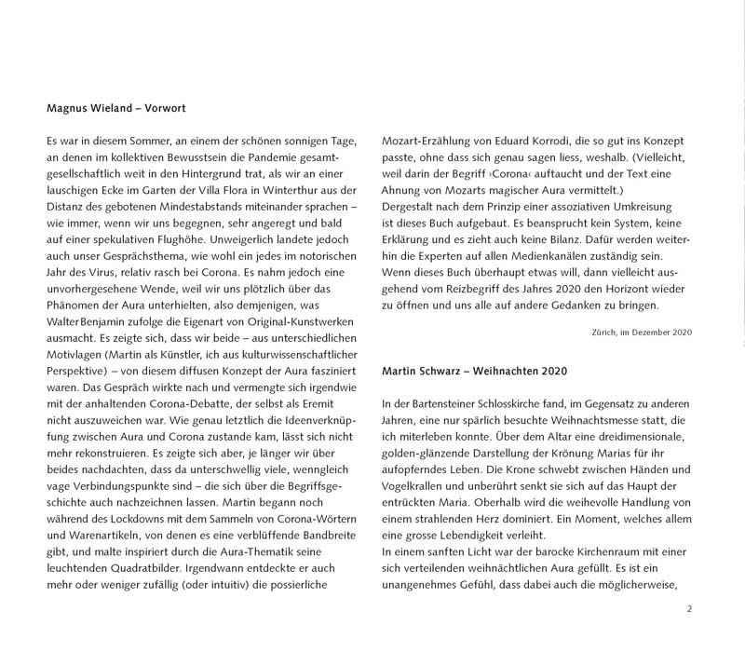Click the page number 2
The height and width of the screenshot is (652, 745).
coord(689,609)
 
